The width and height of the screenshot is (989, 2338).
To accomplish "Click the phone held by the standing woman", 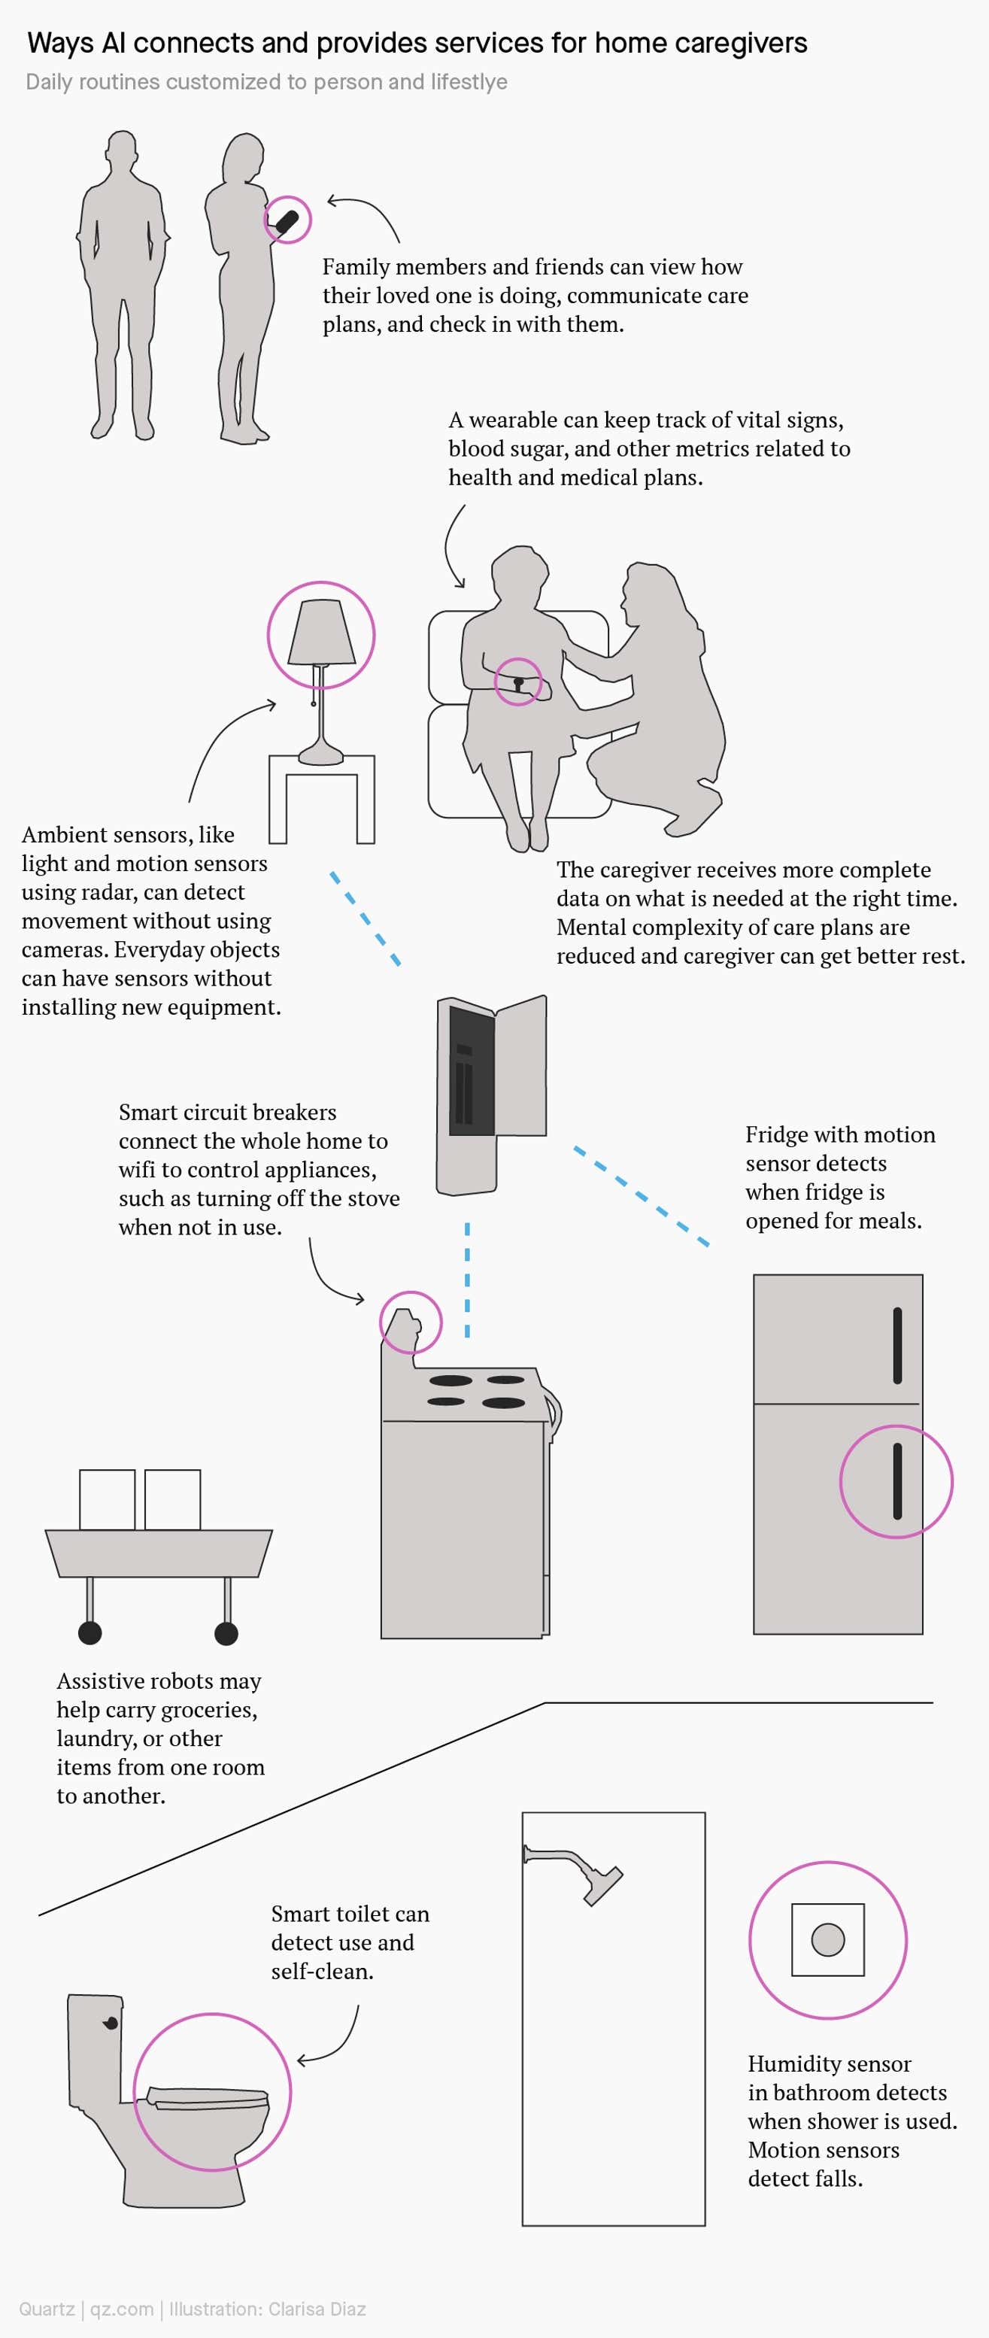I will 287,220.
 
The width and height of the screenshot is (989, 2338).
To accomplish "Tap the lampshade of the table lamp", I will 321,632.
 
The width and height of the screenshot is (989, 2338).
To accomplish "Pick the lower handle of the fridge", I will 897,1481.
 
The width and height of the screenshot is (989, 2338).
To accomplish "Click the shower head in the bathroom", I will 602,1886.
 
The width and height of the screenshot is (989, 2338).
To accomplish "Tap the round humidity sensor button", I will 827,1939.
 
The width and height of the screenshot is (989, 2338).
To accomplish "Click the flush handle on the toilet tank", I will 111,2023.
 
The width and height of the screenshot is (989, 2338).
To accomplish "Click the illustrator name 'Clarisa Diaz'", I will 317,2309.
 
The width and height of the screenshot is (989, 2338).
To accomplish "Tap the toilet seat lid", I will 208,2096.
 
